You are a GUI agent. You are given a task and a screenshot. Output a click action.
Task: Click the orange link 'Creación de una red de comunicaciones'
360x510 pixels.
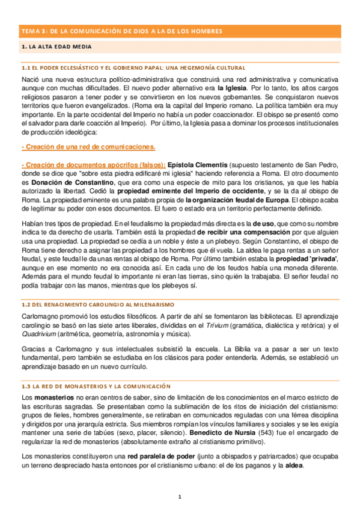[x=88, y=146]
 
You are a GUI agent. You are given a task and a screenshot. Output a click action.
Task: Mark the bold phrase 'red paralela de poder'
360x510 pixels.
[x=165, y=458]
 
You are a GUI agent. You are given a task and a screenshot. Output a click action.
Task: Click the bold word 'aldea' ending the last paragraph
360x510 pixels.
[x=294, y=466]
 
